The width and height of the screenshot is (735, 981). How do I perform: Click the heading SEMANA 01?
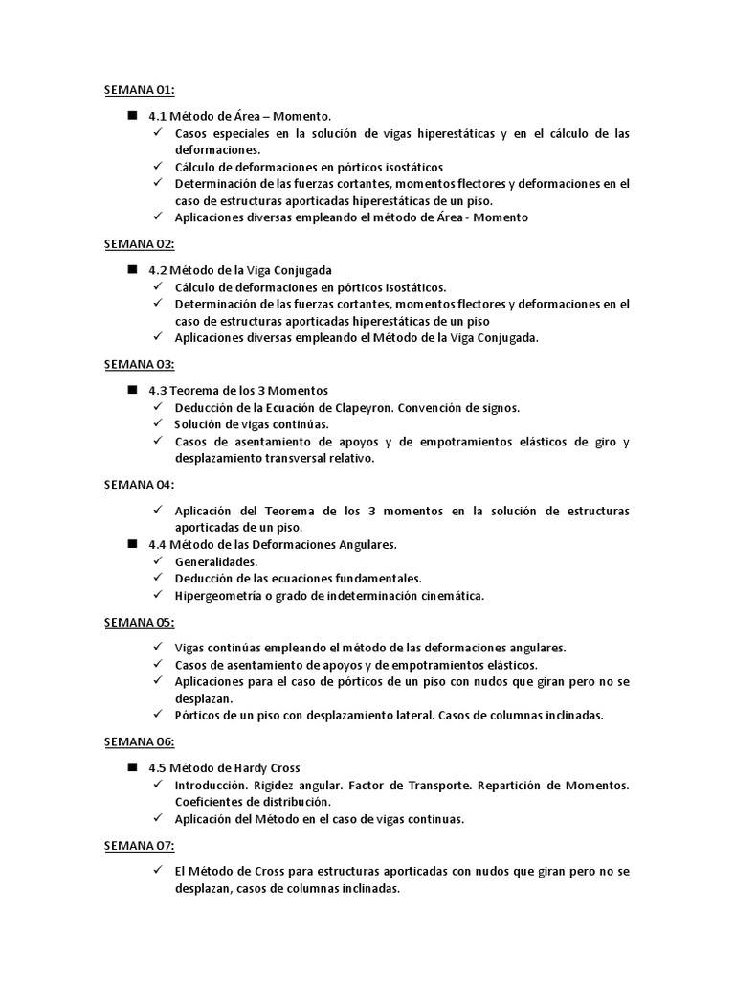point(139,91)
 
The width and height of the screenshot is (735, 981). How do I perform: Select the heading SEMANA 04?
point(139,486)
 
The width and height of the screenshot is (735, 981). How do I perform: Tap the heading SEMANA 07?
point(139,846)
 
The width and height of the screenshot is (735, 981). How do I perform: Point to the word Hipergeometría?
point(220,596)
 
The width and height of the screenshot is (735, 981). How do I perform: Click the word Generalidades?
point(216,561)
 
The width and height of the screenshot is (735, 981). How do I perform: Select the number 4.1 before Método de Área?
point(158,116)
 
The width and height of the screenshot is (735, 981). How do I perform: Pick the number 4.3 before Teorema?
point(158,390)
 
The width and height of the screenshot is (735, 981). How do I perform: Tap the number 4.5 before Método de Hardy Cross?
point(158,767)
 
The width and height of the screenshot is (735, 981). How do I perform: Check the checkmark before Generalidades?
point(158,561)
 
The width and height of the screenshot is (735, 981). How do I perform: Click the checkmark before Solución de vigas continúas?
point(158,424)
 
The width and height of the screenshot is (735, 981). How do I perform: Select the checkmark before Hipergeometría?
point(158,596)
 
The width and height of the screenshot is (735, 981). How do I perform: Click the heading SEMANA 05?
point(139,623)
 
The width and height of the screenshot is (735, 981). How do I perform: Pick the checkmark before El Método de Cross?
point(158,871)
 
